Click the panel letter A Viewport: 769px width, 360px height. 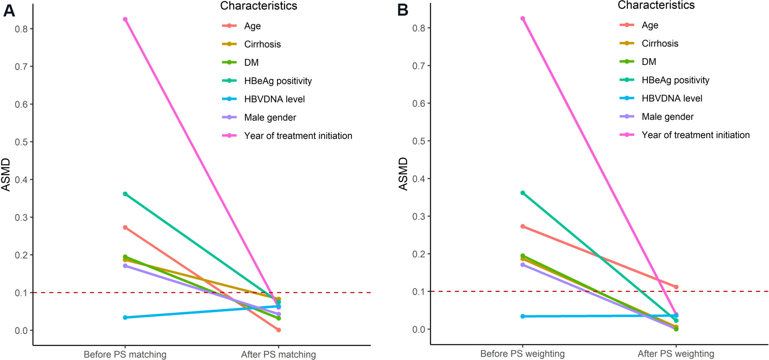click(x=9, y=10)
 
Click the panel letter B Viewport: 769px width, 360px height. click(x=402, y=10)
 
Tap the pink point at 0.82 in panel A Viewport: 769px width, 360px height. click(x=125, y=19)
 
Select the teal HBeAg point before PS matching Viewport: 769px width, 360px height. click(x=125, y=194)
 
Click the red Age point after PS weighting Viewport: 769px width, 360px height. click(x=676, y=287)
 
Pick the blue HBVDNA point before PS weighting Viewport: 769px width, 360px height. click(x=523, y=316)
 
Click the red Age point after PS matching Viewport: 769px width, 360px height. click(x=278, y=330)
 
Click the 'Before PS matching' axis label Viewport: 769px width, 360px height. click(x=125, y=354)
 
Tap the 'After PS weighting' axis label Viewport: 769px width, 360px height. click(x=676, y=354)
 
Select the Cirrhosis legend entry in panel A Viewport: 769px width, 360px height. click(x=262, y=44)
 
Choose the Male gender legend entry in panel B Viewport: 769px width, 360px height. click(x=667, y=117)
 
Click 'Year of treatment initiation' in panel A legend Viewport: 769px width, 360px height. click(x=298, y=136)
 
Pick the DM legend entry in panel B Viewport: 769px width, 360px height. click(x=649, y=62)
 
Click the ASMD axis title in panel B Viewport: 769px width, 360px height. click(x=403, y=174)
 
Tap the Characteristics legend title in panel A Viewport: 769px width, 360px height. click(x=258, y=6)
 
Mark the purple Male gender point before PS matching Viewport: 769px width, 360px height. click(x=125, y=266)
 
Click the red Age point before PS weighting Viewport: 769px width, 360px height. click(x=523, y=227)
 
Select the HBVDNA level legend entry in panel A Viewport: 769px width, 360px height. click(x=274, y=99)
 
